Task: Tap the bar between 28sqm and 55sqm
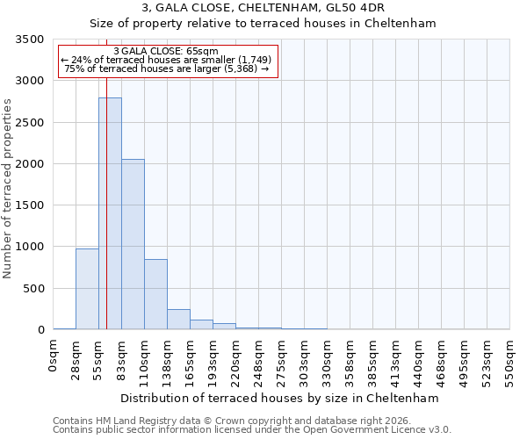pos(87,289)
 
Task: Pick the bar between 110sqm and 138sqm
pos(155,294)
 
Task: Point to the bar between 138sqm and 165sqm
pos(178,320)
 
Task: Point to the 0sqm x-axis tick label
pos(54,357)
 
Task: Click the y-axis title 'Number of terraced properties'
pos(9,189)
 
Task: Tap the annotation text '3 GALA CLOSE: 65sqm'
pos(166,51)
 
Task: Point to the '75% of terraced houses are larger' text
pos(166,68)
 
